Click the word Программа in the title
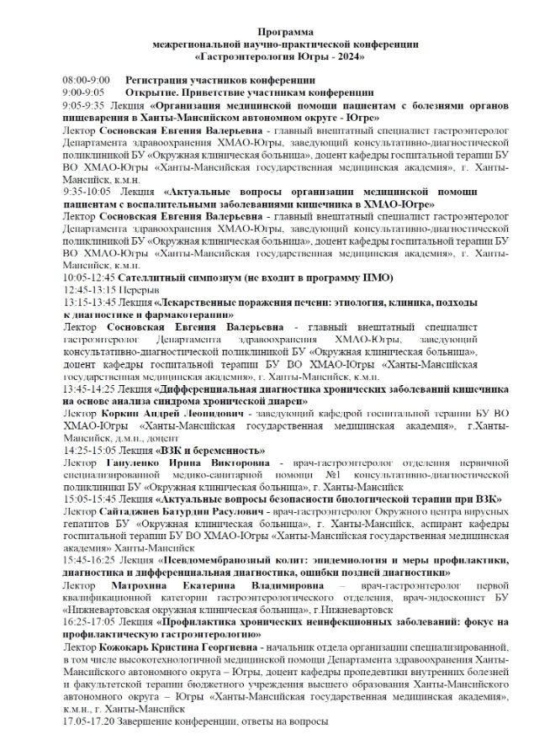pos(267,29)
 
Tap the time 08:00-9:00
pos(86,79)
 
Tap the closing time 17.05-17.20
pos(88,721)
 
